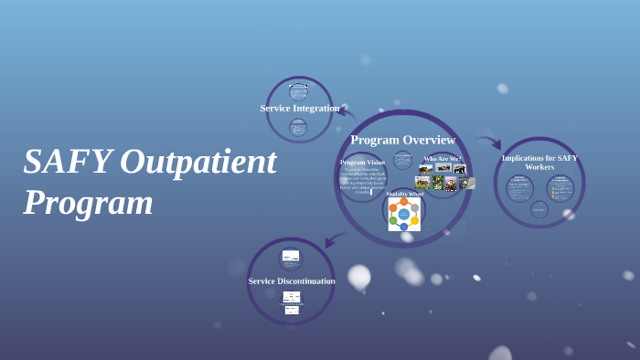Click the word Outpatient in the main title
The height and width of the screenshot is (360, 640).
(197, 162)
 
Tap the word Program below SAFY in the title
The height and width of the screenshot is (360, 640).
(88, 202)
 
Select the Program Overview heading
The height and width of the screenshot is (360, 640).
(402, 140)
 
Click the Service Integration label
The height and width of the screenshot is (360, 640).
(300, 108)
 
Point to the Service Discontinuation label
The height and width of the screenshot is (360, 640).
(292, 281)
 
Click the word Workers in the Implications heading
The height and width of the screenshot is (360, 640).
(539, 167)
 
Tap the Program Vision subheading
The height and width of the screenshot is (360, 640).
(363, 162)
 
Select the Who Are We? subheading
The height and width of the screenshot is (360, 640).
(443, 159)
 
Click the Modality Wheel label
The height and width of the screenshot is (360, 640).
(404, 194)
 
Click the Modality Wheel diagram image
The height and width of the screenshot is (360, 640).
(404, 215)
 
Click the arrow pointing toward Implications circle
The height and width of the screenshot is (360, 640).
(489, 142)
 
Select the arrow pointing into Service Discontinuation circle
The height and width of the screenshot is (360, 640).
(335, 240)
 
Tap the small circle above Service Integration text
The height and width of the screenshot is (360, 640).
(299, 91)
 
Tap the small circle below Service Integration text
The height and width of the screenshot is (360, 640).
(298, 128)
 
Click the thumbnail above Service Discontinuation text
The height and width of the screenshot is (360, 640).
(291, 257)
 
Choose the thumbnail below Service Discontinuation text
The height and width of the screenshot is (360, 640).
(292, 302)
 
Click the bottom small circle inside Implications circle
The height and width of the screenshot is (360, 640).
(539, 209)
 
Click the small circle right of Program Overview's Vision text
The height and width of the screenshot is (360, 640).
(402, 160)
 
